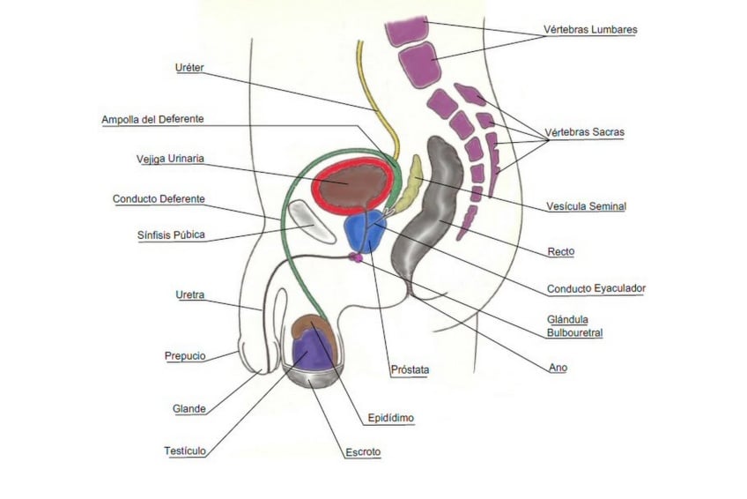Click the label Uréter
click(189, 68)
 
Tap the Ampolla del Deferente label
click(152, 119)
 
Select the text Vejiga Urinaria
click(170, 159)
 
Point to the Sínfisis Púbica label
click(171, 235)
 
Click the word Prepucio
click(185, 356)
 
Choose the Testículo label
click(185, 451)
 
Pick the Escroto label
click(363, 452)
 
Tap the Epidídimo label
click(390, 418)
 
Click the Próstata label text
click(410, 369)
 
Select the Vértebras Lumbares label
click(590, 30)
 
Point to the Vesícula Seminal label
click(586, 206)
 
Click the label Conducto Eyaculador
click(596, 289)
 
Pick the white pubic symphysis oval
click(312, 221)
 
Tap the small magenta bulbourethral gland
click(356, 257)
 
